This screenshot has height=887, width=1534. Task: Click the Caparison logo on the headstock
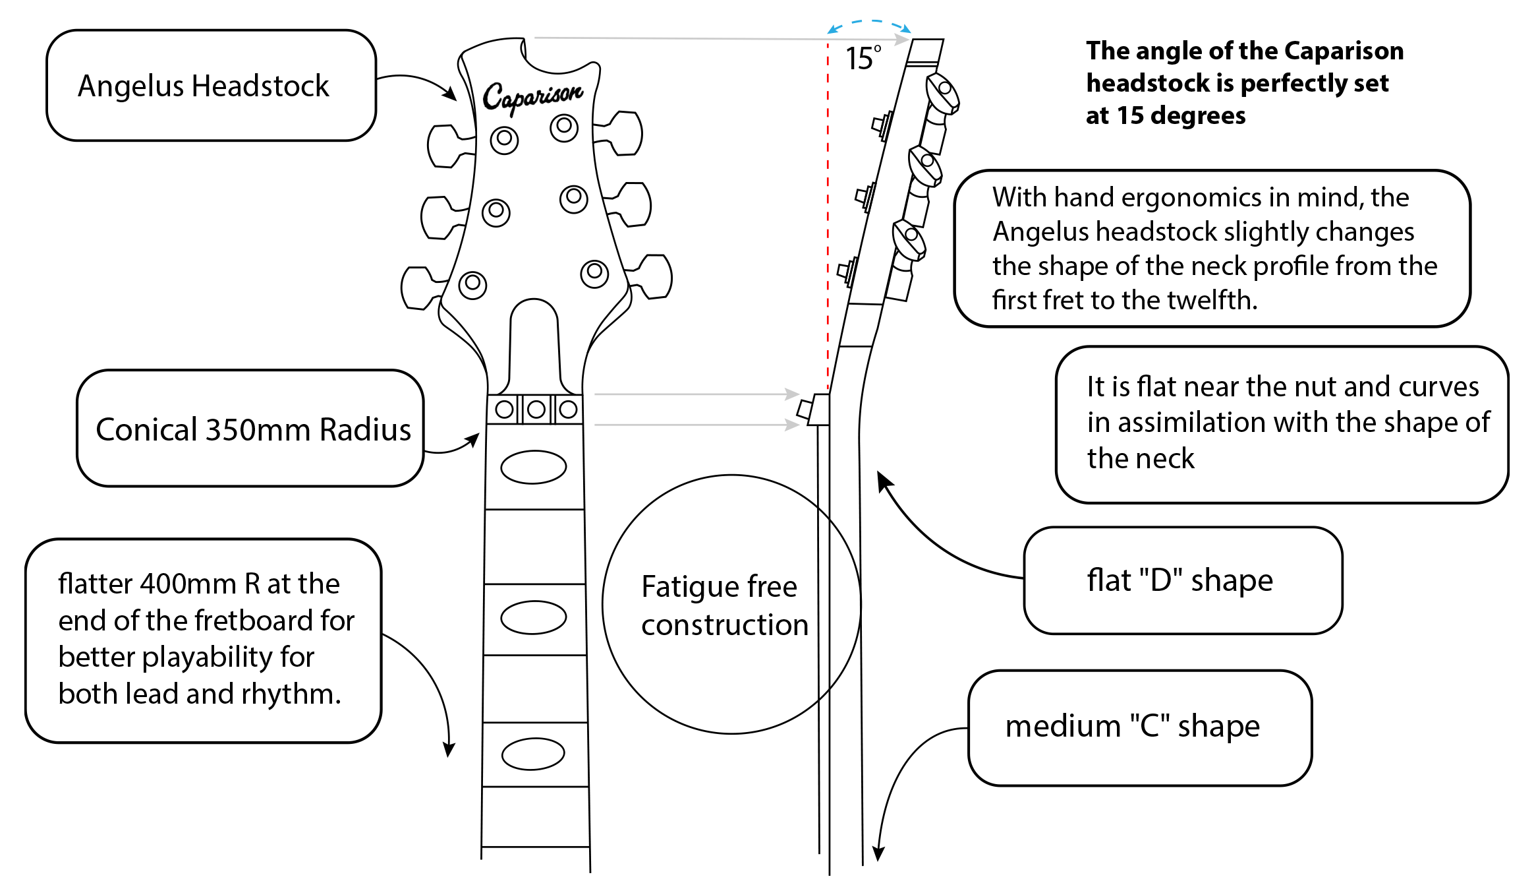[532, 96]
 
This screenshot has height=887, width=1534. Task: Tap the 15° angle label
[863, 59]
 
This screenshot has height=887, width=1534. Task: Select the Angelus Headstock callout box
[211, 86]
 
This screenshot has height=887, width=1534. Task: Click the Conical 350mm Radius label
[252, 429]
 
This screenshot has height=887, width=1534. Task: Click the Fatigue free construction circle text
[724, 605]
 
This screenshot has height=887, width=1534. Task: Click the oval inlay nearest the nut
[533, 467]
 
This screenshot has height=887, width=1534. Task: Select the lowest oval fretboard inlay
[533, 754]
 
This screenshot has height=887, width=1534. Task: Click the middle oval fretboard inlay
[533, 617]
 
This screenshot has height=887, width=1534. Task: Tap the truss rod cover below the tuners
[534, 346]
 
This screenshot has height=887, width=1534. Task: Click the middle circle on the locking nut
[536, 410]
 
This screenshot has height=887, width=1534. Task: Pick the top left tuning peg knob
[442, 146]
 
